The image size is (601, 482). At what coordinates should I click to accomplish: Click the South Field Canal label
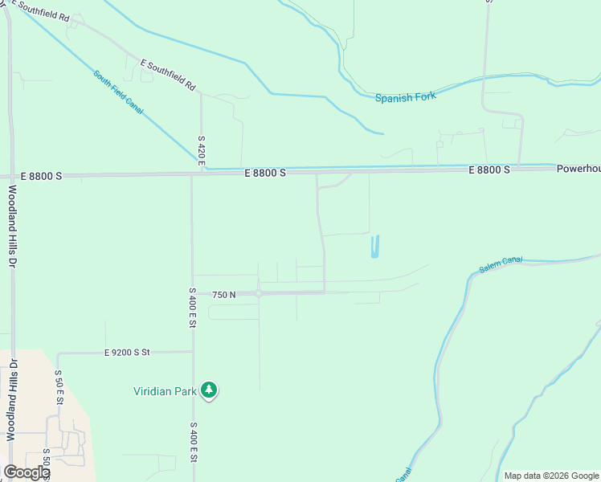[x=117, y=92]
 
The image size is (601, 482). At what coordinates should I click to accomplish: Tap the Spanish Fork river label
[x=405, y=97]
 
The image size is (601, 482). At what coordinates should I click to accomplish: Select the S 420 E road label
[x=202, y=152]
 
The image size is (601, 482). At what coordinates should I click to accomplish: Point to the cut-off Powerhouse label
[x=578, y=170]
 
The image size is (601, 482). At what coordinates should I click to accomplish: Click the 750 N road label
[x=224, y=295]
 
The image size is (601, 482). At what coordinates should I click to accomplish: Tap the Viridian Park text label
[x=165, y=391]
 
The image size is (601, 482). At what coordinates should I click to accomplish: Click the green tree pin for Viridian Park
[x=209, y=390]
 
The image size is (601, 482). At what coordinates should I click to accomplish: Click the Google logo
[x=27, y=472]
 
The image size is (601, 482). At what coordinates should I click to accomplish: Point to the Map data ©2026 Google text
[x=550, y=476]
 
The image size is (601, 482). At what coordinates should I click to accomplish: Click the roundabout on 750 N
[x=259, y=294]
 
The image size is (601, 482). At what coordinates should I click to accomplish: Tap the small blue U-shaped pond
[x=374, y=247]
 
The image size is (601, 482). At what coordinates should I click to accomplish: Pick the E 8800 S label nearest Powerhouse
[x=490, y=170]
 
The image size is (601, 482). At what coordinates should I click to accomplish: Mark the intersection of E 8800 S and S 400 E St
[x=191, y=174]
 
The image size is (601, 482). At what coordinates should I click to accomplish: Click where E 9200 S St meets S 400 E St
[x=193, y=352]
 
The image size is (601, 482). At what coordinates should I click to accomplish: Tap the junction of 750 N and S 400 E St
[x=193, y=294]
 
